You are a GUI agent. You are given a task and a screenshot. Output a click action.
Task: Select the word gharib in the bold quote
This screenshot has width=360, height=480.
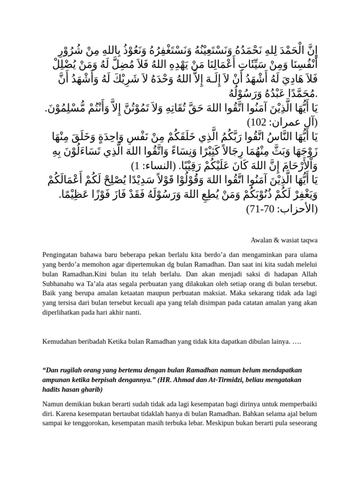click(x=93, y=390)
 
